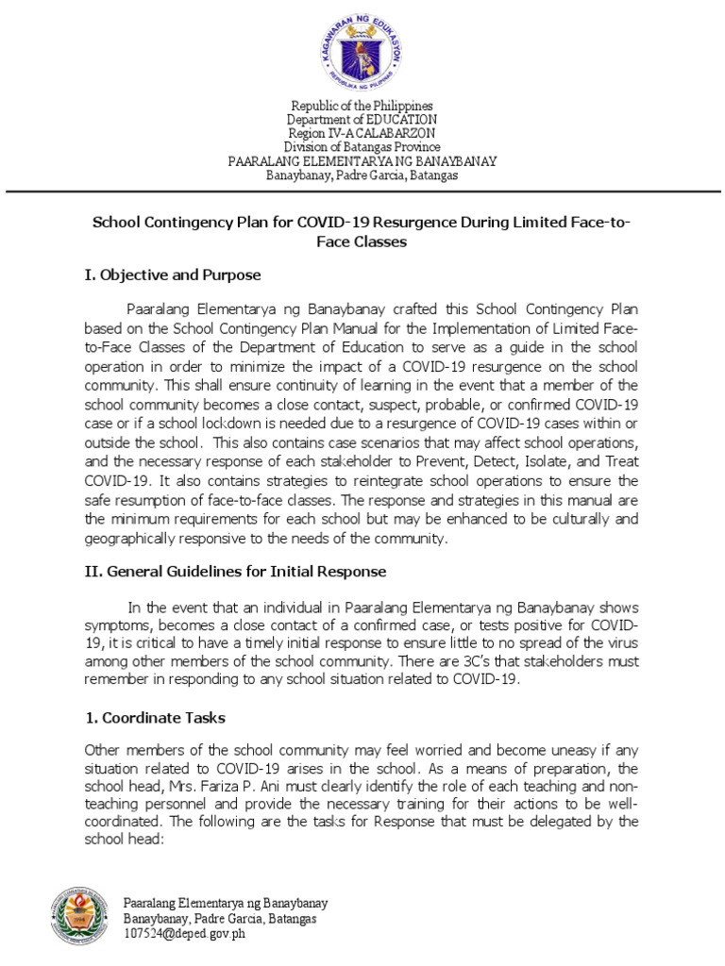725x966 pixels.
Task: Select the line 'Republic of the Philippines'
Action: [362, 106]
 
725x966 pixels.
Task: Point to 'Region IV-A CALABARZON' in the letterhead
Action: [362, 133]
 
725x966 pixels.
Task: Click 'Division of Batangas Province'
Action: [362, 147]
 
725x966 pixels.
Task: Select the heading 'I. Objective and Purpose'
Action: [172, 275]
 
